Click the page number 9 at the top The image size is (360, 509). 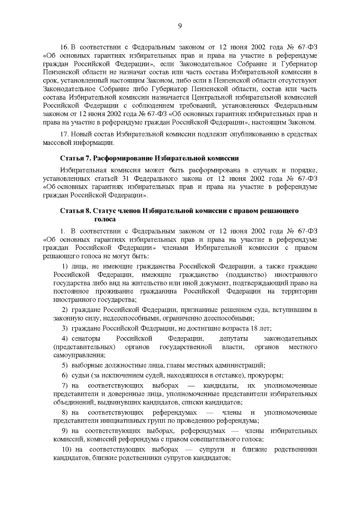point(180,26)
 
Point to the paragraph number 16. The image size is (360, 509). point(64,47)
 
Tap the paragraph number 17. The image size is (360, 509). point(64,134)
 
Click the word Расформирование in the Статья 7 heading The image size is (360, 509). point(120,158)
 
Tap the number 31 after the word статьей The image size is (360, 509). point(126,179)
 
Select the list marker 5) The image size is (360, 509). point(65,365)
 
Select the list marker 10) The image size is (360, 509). point(66,450)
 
